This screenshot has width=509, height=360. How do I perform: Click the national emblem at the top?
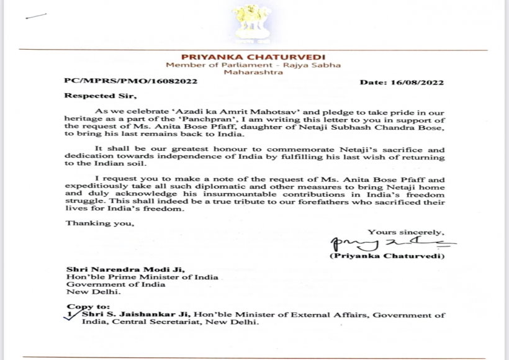(254, 25)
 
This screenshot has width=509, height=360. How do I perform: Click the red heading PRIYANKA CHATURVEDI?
(254, 57)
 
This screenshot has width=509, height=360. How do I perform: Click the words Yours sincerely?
(406, 232)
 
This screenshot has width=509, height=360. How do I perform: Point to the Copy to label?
(85, 307)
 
